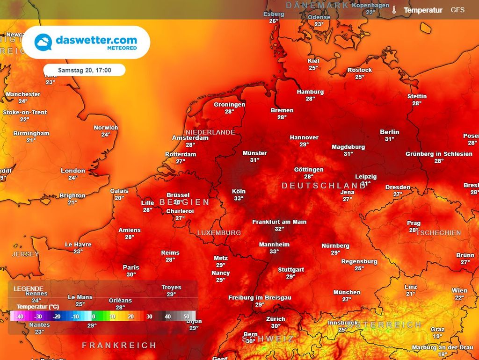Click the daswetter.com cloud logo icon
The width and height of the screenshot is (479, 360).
[x=43, y=42]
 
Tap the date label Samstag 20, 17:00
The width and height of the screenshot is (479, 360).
[x=84, y=70]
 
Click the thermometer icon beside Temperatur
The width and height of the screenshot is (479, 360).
[x=394, y=10]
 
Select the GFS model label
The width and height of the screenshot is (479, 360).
[x=457, y=10]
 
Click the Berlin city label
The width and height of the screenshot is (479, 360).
[x=390, y=132]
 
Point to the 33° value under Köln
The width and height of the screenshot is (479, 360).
[x=239, y=198]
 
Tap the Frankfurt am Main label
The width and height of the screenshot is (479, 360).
[x=279, y=222]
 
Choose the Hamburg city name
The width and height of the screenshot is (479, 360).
[x=310, y=92]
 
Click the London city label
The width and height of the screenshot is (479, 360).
[x=73, y=171]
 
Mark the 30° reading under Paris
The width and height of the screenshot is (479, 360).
[x=131, y=274]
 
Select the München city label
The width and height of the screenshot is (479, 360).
[x=347, y=292]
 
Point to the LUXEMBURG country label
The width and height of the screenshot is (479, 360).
[x=219, y=233]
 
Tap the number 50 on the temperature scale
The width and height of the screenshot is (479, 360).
[x=186, y=317]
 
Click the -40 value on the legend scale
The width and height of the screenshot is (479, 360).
[x=20, y=317]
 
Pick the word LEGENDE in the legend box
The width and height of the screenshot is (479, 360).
[x=29, y=288]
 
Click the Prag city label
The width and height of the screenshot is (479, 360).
[x=414, y=223]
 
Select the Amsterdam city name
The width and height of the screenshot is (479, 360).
[x=190, y=138]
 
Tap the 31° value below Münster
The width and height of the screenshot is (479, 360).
[x=254, y=160]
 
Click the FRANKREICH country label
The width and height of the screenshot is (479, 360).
[x=119, y=346]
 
